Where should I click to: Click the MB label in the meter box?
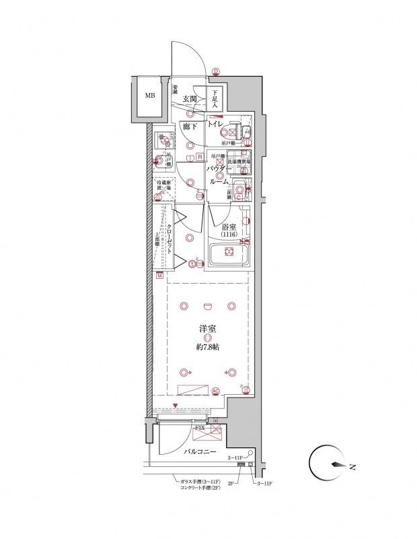click(149, 95)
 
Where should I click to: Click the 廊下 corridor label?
click(189, 126)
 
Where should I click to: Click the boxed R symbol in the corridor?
click(200, 157)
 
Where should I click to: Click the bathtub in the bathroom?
click(228, 255)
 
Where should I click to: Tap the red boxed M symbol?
click(160, 276)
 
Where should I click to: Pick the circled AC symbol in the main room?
click(216, 390)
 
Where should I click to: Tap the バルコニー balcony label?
click(199, 451)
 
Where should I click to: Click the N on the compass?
click(351, 465)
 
